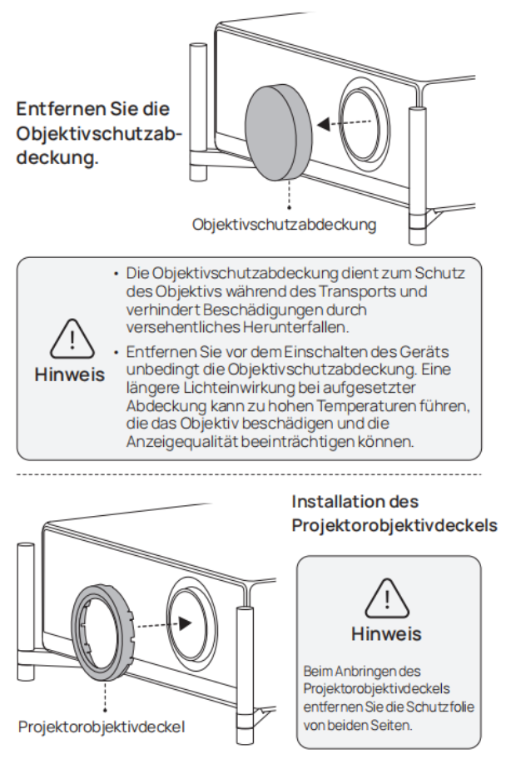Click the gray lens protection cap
[279, 132]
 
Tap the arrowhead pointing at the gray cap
[324, 125]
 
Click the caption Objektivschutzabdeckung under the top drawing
[284, 225]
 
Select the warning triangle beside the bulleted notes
[72, 339]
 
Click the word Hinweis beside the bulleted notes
[70, 375]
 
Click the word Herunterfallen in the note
[295, 327]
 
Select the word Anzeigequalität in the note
[182, 442]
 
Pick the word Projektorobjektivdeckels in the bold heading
[394, 526]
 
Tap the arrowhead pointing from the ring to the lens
[186, 624]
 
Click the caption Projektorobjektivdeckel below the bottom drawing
[102, 727]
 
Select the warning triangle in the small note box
[387, 598]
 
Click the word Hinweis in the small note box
[386, 634]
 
